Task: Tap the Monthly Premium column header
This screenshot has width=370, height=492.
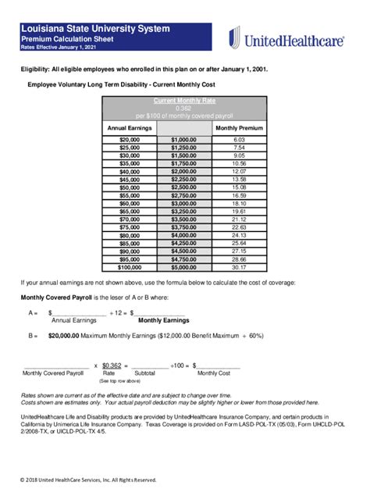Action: (x=239, y=127)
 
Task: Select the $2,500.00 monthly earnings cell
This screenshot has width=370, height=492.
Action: (x=183, y=187)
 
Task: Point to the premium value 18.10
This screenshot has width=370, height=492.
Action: (x=239, y=203)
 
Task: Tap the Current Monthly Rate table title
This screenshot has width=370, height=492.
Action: (x=183, y=101)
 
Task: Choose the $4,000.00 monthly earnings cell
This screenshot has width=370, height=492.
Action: (x=183, y=235)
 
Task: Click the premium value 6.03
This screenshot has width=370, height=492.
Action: (x=239, y=139)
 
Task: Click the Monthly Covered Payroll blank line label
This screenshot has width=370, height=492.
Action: (x=52, y=374)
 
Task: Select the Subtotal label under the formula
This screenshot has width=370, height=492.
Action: (x=145, y=374)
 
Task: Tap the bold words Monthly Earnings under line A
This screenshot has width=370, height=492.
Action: (x=164, y=320)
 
